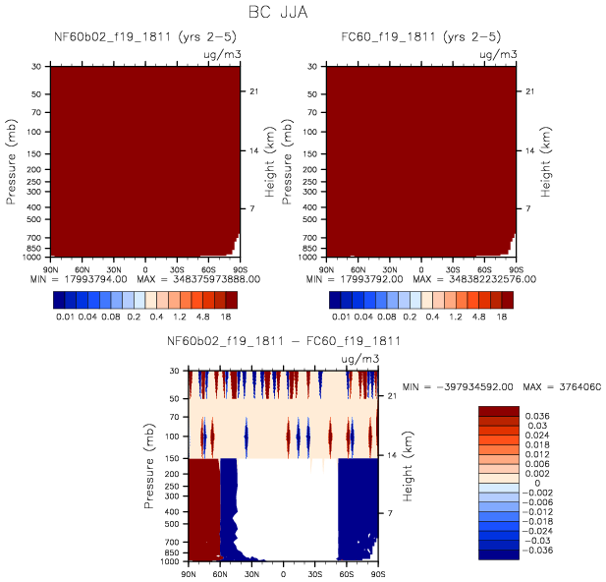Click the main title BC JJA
pyautogui.click(x=303, y=14)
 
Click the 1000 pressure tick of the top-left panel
pyautogui.click(x=36, y=256)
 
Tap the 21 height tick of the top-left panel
pyautogui.click(x=251, y=91)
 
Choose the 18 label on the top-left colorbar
pyautogui.click(x=230, y=318)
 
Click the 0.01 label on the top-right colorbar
pyautogui.click(x=341, y=318)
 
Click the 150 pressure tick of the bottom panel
pyautogui.click(x=175, y=458)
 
